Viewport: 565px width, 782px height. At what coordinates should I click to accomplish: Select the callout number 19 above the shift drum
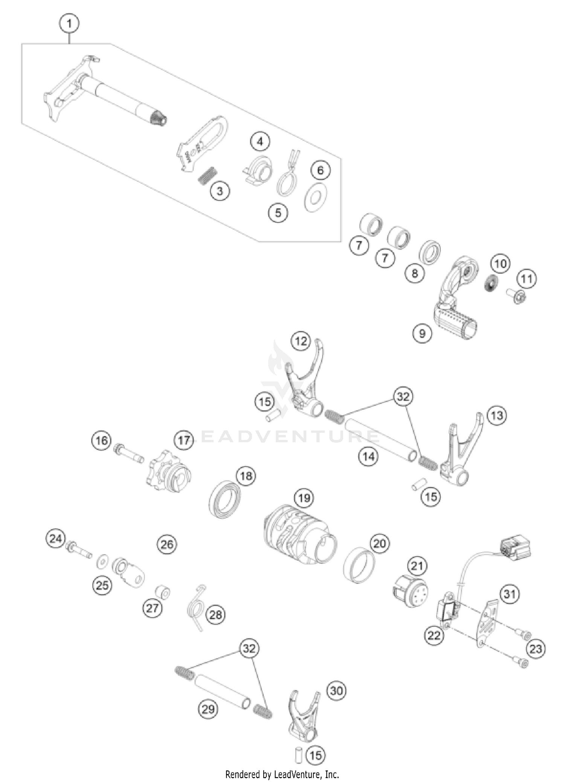click(304, 498)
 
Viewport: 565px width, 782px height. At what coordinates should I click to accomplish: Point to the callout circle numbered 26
click(167, 544)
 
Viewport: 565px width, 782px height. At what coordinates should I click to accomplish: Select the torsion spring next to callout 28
click(196, 607)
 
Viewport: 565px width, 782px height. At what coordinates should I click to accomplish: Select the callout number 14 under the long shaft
click(368, 456)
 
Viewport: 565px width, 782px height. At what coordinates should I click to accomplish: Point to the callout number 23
click(536, 648)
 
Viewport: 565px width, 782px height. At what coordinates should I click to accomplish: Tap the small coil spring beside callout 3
click(208, 175)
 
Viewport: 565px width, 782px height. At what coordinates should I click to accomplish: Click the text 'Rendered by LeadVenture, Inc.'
click(282, 774)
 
